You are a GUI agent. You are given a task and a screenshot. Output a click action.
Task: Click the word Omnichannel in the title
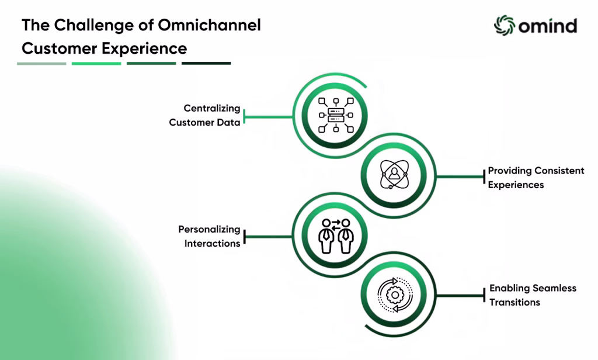210,25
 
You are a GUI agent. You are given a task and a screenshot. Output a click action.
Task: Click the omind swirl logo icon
505,26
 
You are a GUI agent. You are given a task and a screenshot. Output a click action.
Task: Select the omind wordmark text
548,26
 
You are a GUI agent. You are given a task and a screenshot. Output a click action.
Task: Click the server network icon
336,115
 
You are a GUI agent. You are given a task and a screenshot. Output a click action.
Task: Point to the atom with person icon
394,175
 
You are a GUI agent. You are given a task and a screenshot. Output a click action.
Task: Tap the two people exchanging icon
336,236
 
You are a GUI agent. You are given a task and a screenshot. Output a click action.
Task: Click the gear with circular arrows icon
395,295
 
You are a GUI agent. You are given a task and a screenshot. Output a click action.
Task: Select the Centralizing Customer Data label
205,115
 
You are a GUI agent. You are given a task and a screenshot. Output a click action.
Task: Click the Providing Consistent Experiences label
536,178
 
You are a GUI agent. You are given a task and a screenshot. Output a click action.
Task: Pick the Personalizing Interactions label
209,236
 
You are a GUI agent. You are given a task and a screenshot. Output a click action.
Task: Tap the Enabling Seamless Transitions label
533,295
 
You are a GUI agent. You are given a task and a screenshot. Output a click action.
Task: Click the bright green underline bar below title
96,63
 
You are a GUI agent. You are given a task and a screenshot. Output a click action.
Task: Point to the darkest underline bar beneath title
206,63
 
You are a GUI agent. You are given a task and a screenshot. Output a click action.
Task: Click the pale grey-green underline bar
41,63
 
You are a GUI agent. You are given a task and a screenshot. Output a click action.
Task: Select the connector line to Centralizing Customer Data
268,117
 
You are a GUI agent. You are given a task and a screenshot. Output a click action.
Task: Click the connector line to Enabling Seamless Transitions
460,295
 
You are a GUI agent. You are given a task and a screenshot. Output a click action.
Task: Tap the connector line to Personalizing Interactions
268,237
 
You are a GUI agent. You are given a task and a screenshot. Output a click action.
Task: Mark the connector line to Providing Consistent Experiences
460,176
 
